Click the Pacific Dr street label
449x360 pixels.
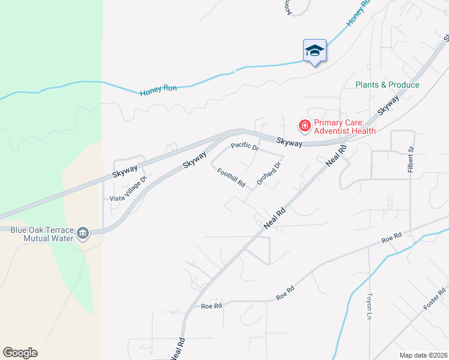point(245,146)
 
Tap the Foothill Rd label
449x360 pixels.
point(231,176)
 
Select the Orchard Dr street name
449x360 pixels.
point(269,173)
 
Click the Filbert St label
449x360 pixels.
point(411,160)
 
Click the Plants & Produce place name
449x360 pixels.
point(387,85)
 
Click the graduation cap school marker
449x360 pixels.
point(315,50)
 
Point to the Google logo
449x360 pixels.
point(20,353)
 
